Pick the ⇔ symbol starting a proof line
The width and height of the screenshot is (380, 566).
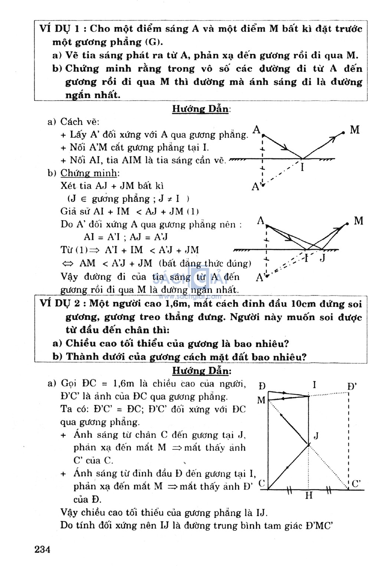(68, 264)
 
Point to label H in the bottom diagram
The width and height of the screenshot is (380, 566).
(309, 495)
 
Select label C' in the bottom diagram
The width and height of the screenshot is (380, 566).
(357, 484)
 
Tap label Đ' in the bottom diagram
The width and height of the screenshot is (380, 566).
(352, 386)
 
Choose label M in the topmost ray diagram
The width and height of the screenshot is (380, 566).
(355, 130)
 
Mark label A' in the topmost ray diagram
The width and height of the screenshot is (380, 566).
(256, 186)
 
